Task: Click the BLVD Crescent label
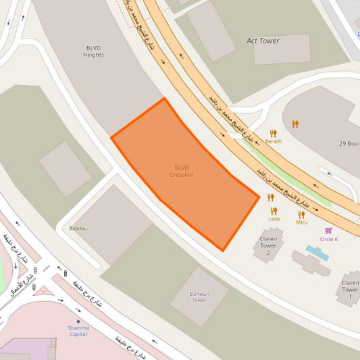coord(182,171)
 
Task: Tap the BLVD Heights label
coord(94,51)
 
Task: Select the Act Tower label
coord(263,41)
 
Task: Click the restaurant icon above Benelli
coord(274,133)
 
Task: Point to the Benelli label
coord(274,142)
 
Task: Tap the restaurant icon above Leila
coord(271,198)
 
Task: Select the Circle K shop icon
coord(329,230)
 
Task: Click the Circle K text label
coord(329,239)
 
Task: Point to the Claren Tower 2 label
coord(269,246)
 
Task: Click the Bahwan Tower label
coord(199,297)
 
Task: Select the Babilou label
coord(78,228)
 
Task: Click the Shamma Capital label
coord(78,330)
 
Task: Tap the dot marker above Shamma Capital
coord(78,321)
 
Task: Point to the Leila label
coord(274,219)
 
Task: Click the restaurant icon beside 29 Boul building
coord(295,124)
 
